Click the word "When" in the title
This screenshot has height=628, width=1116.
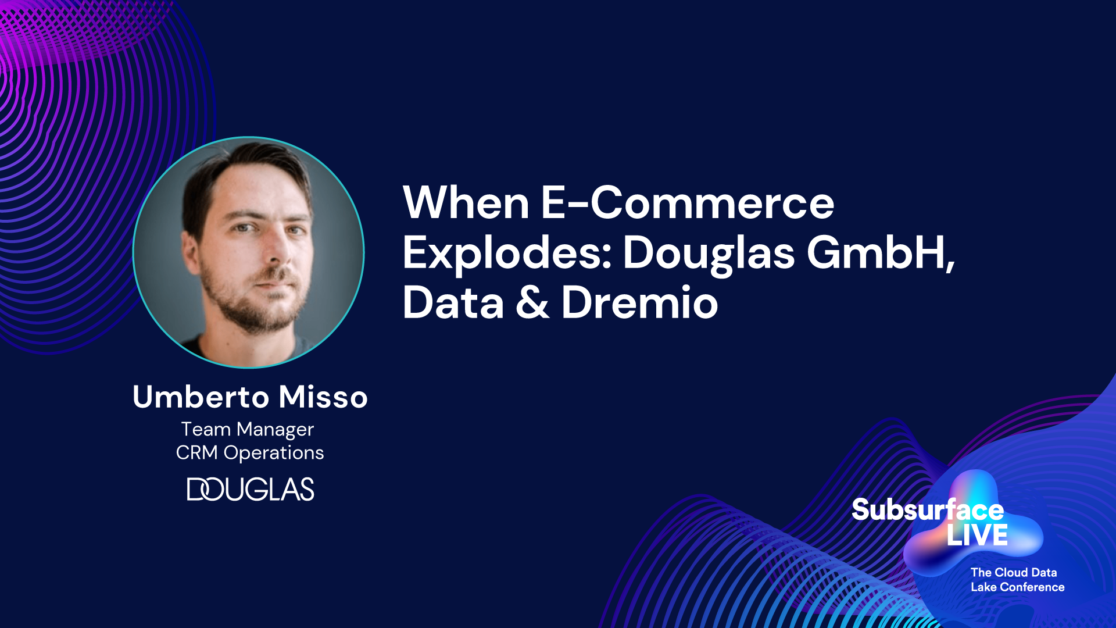coord(466,202)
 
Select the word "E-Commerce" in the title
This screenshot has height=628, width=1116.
coord(688,202)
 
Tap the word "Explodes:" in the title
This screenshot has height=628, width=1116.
coord(506,254)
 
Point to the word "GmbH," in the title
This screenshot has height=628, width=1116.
coord(881,253)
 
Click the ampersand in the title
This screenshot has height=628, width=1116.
coord(532,303)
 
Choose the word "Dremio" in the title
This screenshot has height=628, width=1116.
coord(639,303)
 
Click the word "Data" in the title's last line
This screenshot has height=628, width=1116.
coord(453,303)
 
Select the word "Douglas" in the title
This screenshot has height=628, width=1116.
coord(709,254)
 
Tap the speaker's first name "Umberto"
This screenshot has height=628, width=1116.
coord(201,397)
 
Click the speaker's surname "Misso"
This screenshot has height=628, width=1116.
coord(323,397)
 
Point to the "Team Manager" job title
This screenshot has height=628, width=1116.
coord(248,430)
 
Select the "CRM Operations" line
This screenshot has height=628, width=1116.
coord(250,453)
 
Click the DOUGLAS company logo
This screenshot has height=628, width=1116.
coord(251,489)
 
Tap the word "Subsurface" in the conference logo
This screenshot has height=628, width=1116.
coord(928,510)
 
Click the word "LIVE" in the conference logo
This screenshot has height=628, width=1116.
coord(977,535)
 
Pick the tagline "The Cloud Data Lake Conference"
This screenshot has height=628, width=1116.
coord(1017,580)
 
